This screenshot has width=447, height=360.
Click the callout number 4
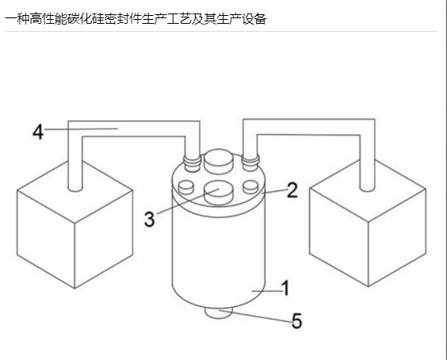[38, 132]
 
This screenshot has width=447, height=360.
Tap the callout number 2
[292, 190]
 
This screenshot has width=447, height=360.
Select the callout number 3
[149, 219]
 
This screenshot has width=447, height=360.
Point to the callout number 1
[285, 288]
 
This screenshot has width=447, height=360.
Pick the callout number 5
[296, 320]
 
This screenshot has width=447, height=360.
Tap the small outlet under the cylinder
[219, 313]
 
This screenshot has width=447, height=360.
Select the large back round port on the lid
[219, 162]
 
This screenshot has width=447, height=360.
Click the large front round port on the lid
[219, 193]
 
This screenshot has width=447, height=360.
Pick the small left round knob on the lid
[185, 187]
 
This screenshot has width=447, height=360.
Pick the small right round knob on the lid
[251, 187]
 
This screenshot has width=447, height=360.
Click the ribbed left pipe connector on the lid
[193, 163]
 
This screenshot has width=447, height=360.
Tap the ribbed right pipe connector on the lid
[250, 163]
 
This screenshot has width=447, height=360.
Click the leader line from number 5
[255, 316]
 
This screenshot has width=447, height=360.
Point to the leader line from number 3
[188, 201]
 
